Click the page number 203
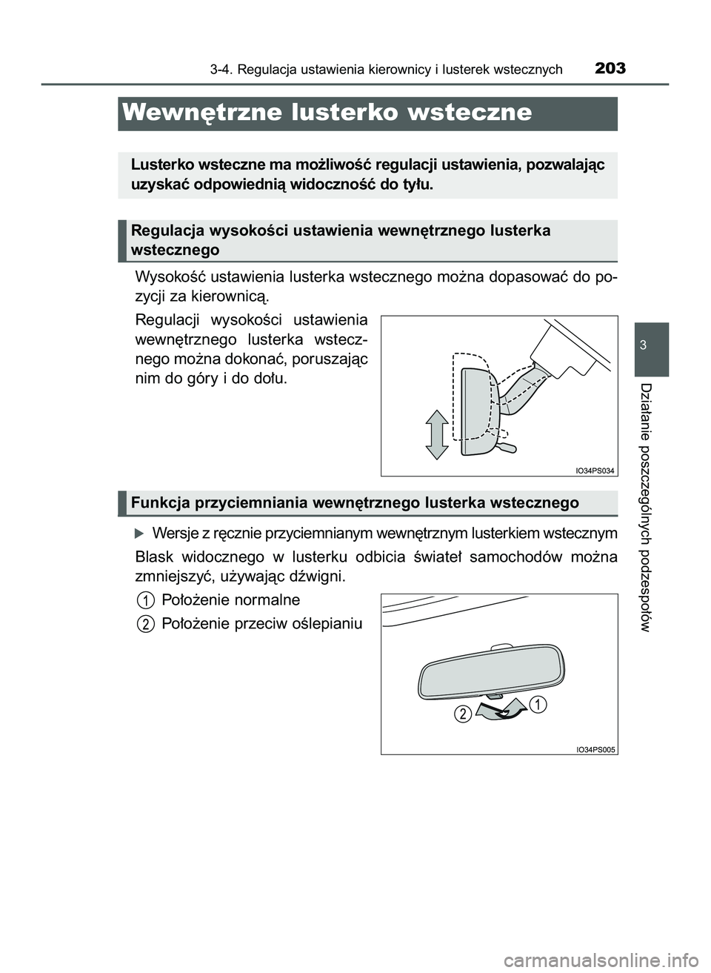pyautogui.click(x=610, y=69)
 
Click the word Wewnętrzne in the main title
pyautogui.click(x=201, y=113)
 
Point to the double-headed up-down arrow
pyautogui.click(x=437, y=434)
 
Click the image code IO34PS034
pyautogui.click(x=595, y=470)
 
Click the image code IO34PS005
pyautogui.click(x=595, y=748)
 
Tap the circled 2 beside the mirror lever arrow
pyautogui.click(x=463, y=714)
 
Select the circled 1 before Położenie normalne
pyautogui.click(x=147, y=600)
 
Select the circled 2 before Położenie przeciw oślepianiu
pyautogui.click(x=147, y=624)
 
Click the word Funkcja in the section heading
pyautogui.click(x=157, y=503)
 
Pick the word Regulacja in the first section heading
pyautogui.click(x=164, y=230)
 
